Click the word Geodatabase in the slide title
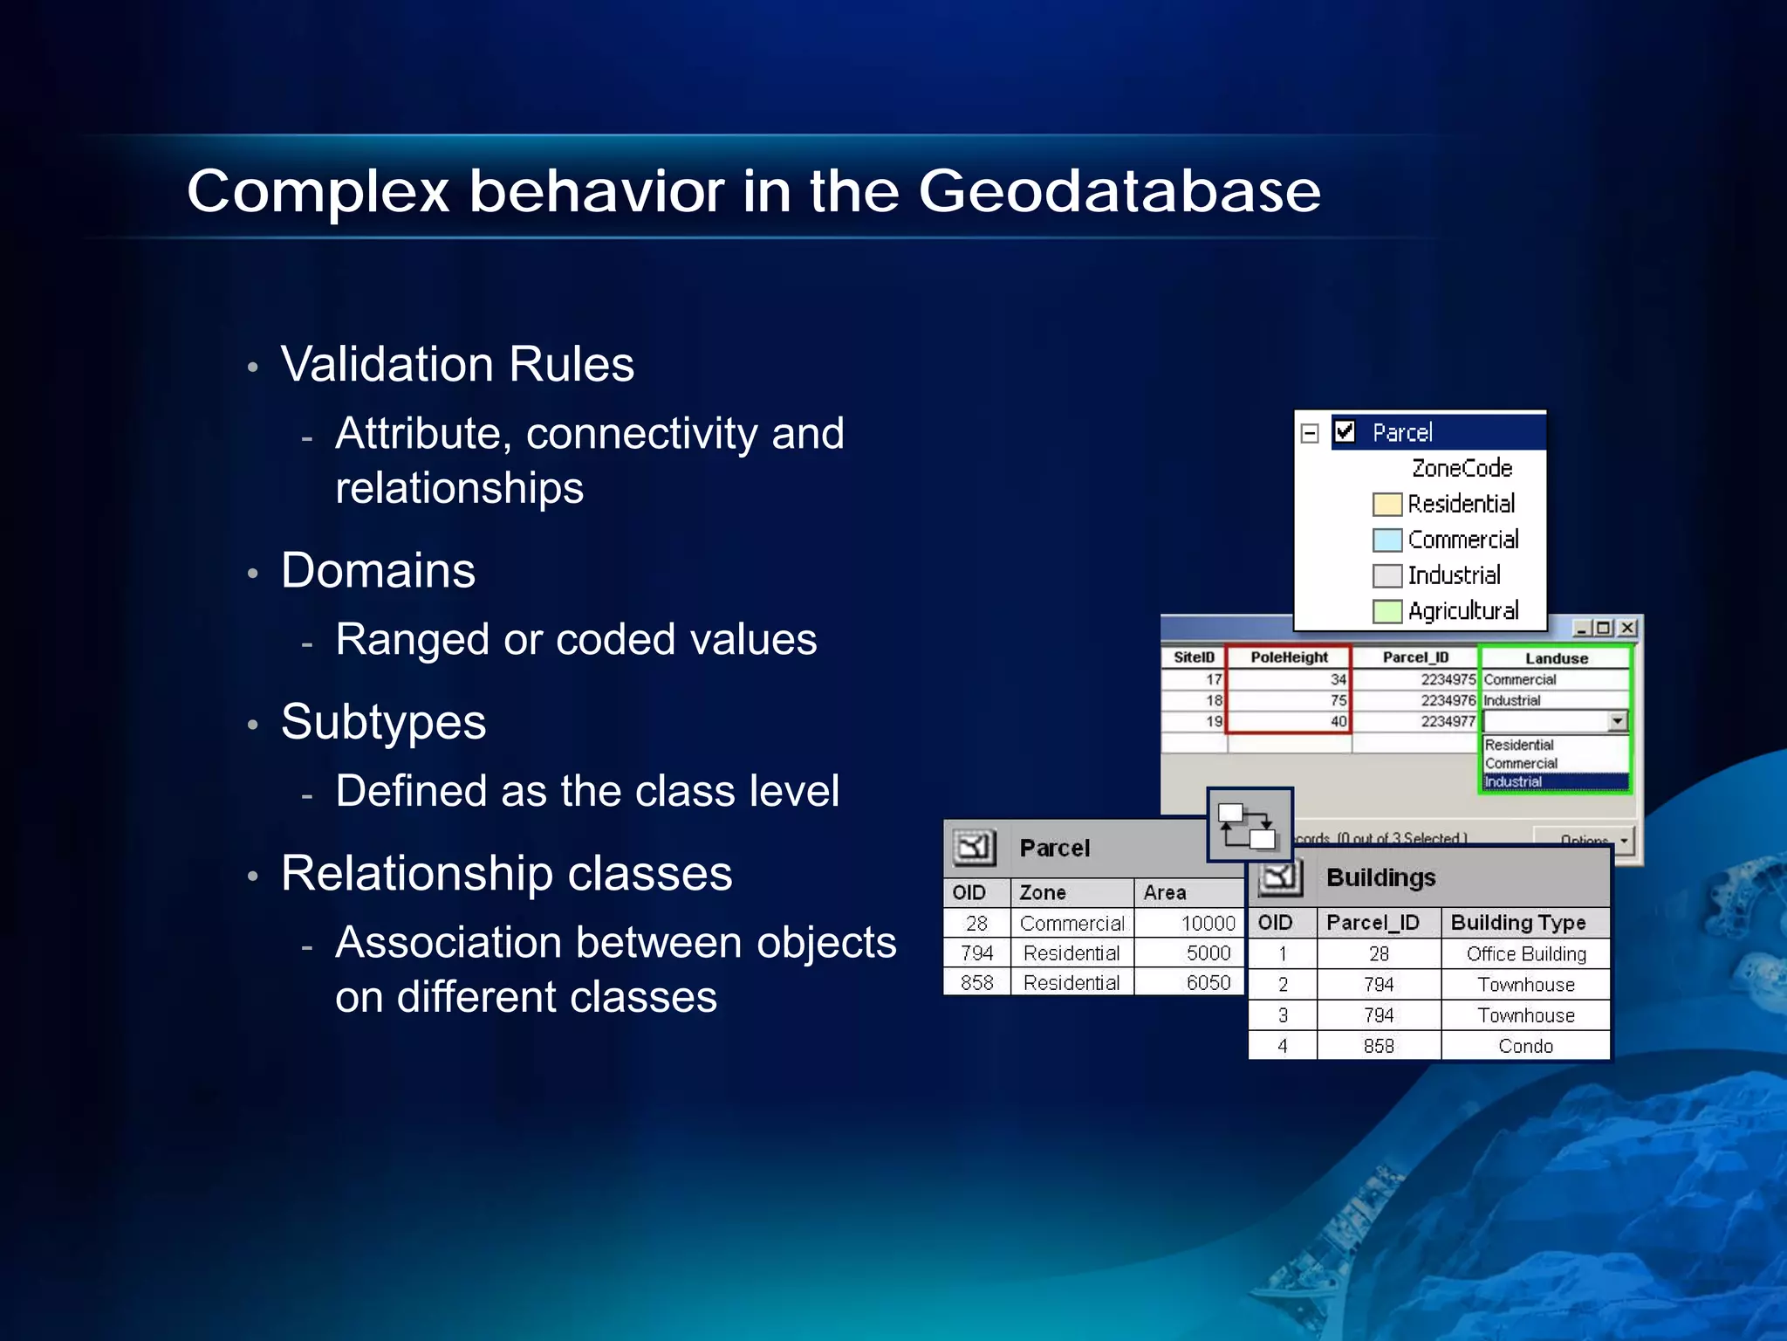point(1119,191)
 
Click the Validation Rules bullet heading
point(457,364)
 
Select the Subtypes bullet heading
point(383,722)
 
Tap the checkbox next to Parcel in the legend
point(1345,431)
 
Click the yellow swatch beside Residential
point(1386,505)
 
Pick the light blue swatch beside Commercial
point(1386,540)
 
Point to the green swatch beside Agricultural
point(1386,611)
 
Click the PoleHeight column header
point(1288,657)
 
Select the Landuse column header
point(1556,658)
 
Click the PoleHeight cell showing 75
point(1290,700)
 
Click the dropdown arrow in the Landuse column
point(1618,721)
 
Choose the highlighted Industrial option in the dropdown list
point(1553,782)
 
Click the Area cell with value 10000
point(1190,923)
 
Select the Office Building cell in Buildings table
point(1525,953)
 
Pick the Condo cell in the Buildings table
point(1525,1046)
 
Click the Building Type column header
point(1518,922)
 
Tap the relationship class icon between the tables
point(1250,825)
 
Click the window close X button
point(1627,628)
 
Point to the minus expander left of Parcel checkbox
point(1310,433)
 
